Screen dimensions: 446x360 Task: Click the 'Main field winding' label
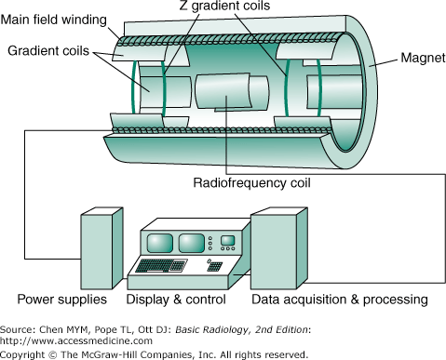pos(54,20)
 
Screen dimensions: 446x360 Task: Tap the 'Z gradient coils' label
pos(224,6)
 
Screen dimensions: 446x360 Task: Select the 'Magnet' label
pos(423,58)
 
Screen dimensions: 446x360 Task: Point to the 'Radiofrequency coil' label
pos(251,182)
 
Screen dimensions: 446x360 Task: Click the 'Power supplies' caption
pos(62,300)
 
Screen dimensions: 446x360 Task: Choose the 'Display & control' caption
pos(176,300)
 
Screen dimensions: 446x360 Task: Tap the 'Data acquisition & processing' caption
pos(340,300)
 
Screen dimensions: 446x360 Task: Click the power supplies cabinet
pos(101,248)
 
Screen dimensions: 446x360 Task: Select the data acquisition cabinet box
pos(279,248)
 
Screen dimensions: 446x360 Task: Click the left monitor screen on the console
pos(160,244)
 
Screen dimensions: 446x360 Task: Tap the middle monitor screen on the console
pos(192,244)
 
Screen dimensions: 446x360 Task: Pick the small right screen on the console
pos(227,240)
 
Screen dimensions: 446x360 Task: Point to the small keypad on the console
pos(215,266)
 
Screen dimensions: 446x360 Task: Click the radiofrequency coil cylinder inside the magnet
pos(231,92)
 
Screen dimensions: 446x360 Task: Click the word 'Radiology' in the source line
pos(228,329)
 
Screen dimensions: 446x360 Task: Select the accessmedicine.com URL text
pos(76,340)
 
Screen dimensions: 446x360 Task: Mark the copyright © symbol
pos(53,354)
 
